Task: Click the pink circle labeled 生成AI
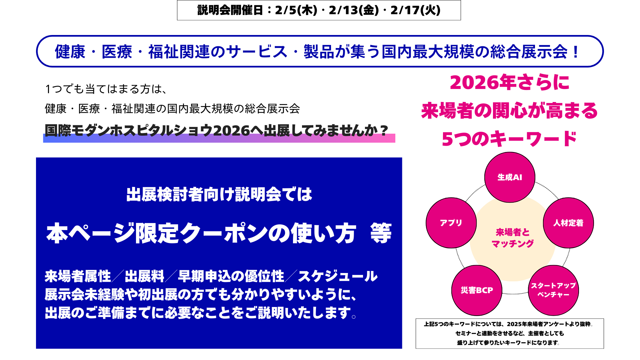tap(510, 177)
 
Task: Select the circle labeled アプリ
tap(451, 223)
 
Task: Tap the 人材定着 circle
tap(568, 223)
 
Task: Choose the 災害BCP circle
tap(477, 290)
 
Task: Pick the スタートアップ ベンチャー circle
tap(553, 290)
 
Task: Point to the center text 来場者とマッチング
tap(513, 238)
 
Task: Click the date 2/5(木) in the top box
tap(296, 10)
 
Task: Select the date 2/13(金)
tap(354, 10)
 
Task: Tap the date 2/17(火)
tap(415, 10)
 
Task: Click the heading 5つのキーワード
tap(509, 139)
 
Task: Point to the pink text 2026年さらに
tap(510, 82)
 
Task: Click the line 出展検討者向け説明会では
tap(219, 194)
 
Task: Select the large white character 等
tap(381, 233)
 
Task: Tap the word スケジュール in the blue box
tap(338, 276)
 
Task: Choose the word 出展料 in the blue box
tap(145, 276)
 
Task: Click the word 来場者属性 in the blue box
tap(78, 276)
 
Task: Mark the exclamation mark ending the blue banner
tap(576, 52)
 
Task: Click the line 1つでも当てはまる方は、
tap(106, 89)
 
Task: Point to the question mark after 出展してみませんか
tap(384, 130)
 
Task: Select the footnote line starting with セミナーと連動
tap(510, 333)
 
